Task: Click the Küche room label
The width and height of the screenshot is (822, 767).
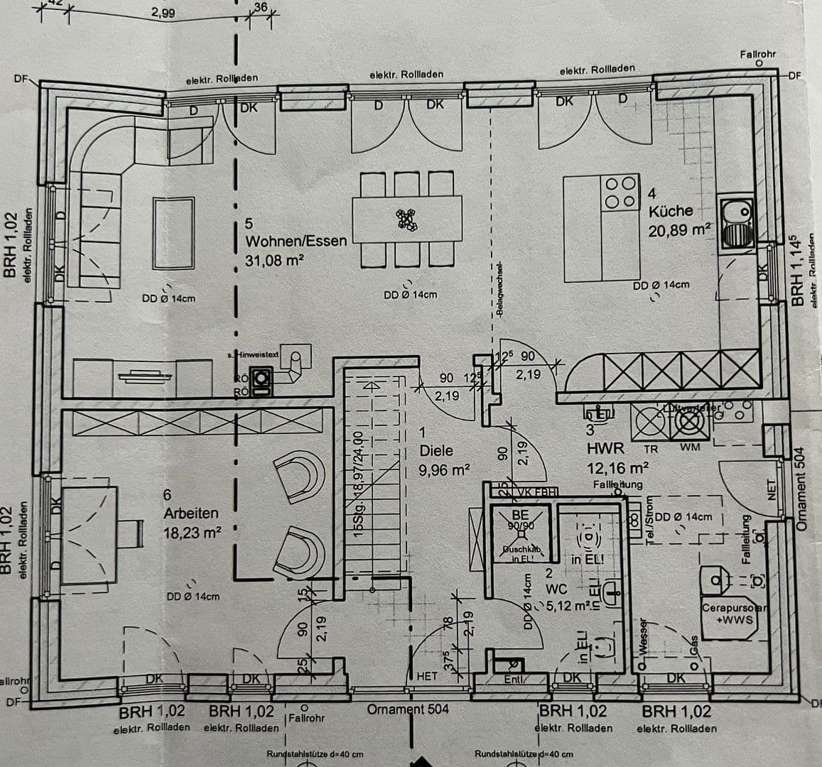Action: pyautogui.click(x=670, y=211)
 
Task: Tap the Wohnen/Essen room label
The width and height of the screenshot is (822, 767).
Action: pyautogui.click(x=296, y=241)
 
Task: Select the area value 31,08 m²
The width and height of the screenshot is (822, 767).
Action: pyautogui.click(x=274, y=261)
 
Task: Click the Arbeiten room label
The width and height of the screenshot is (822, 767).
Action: pyautogui.click(x=191, y=513)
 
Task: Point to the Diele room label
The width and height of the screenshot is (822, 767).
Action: pyautogui.click(x=436, y=451)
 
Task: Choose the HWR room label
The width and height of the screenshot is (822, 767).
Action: pyautogui.click(x=605, y=449)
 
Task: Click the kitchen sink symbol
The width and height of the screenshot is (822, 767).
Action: pyautogui.click(x=735, y=223)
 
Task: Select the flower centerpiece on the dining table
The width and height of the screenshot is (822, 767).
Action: pyautogui.click(x=408, y=219)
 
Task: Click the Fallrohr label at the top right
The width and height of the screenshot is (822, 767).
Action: pyautogui.click(x=757, y=54)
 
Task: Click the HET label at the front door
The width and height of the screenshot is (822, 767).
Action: pyautogui.click(x=426, y=677)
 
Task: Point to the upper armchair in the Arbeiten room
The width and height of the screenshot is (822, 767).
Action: pyautogui.click(x=299, y=475)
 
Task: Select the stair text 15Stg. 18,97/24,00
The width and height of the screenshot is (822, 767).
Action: pyautogui.click(x=359, y=483)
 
